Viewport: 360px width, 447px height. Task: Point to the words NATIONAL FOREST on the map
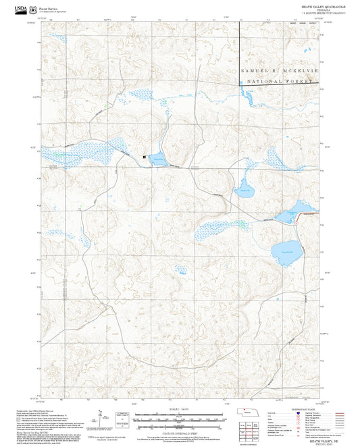coord(277,82)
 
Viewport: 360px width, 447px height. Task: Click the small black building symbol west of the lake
coord(144,157)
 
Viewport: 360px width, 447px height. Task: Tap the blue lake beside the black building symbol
coord(158,159)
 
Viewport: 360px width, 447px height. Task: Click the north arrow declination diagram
coord(101,417)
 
